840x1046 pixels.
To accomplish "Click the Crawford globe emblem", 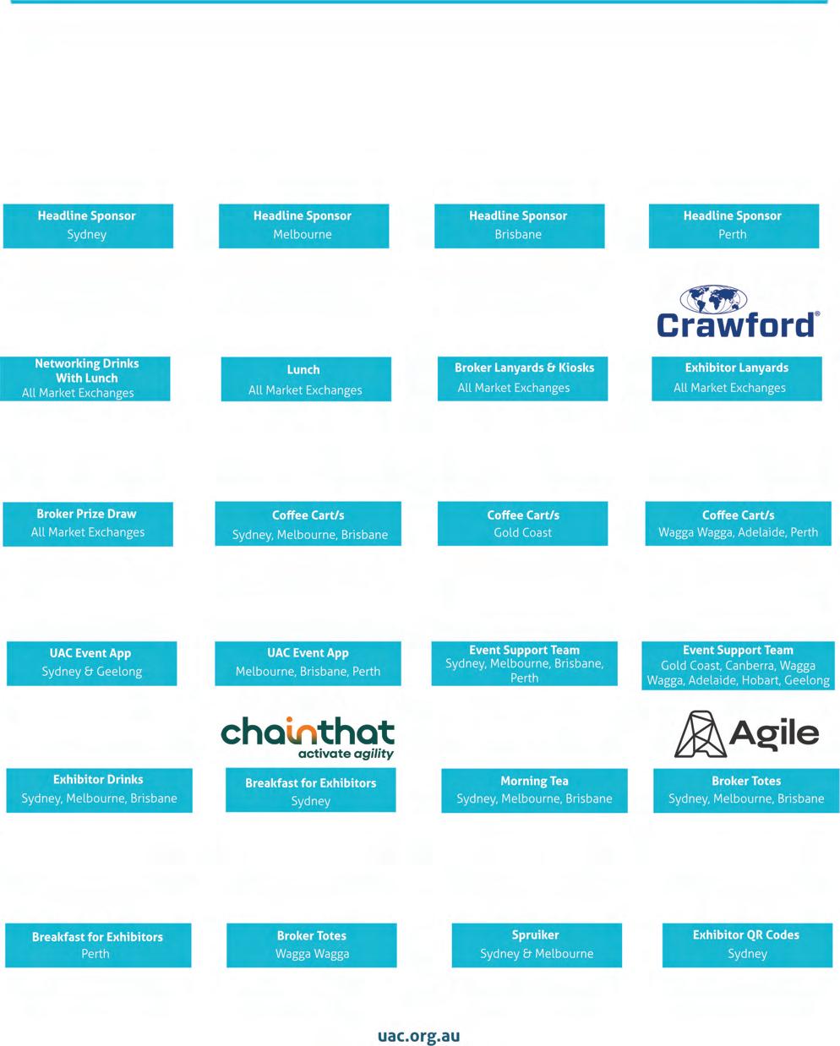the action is [x=714, y=299].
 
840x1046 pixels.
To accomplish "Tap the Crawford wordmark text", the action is [x=737, y=325].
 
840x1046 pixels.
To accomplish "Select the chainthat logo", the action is [x=308, y=738].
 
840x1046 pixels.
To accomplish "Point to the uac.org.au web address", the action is [x=419, y=1036].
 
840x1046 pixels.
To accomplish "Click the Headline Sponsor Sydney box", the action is [x=88, y=226].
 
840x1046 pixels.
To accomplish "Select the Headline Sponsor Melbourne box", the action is [x=303, y=226].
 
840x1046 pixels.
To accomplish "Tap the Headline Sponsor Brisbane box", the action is [x=519, y=226].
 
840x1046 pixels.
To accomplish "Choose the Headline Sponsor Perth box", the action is [x=734, y=226].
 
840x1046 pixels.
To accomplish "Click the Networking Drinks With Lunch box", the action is [x=85, y=378].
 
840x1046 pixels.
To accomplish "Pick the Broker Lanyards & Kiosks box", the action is [x=523, y=379].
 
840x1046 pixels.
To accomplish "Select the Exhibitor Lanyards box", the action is [x=736, y=379].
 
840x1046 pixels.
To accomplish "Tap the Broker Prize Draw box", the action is [x=88, y=524].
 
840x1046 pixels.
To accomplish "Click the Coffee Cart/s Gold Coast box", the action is [x=522, y=524].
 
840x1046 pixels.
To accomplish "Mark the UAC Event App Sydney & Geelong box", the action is [x=91, y=663].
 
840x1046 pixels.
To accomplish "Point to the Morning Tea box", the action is [x=534, y=790].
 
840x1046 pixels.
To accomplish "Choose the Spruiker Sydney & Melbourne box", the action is [x=537, y=945].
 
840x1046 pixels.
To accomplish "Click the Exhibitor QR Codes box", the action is [x=746, y=945].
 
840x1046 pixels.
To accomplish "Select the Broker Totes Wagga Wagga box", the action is [x=312, y=945].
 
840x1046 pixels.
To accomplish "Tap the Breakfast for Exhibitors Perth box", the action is [x=98, y=945].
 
